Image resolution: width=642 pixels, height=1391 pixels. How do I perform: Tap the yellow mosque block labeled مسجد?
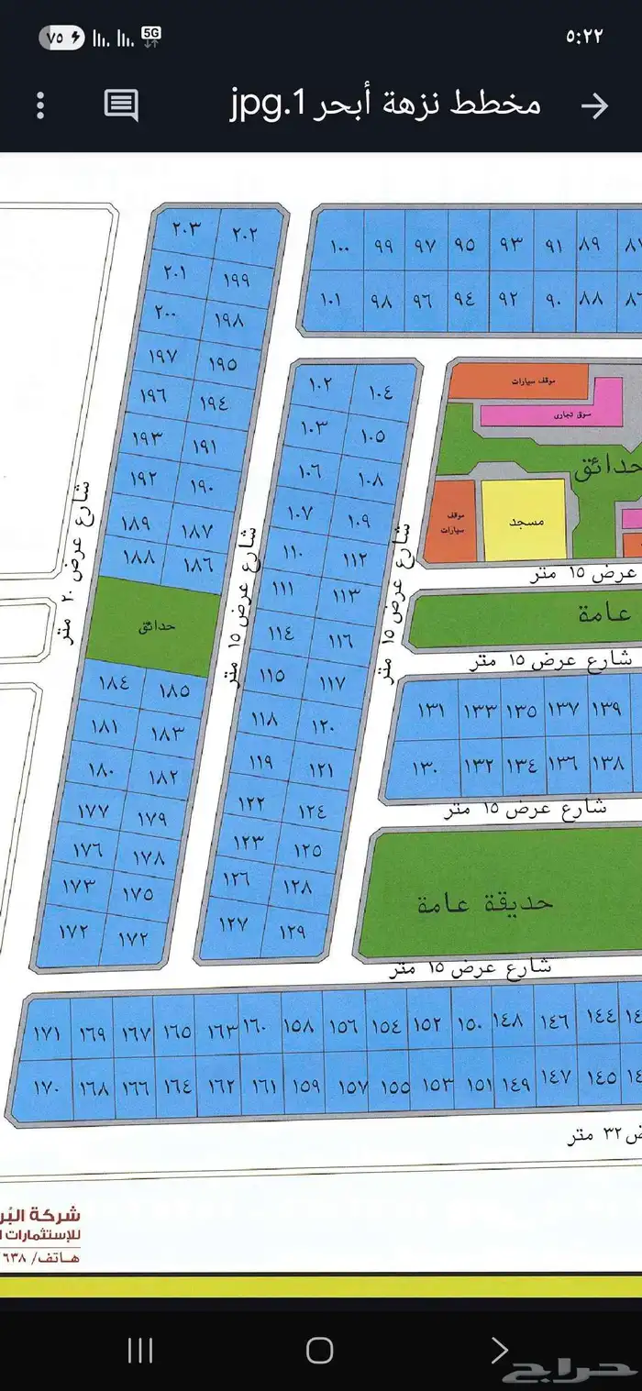click(525, 520)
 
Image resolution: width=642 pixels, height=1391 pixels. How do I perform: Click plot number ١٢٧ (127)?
click(234, 923)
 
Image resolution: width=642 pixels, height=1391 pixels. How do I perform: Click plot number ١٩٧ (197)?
click(161, 355)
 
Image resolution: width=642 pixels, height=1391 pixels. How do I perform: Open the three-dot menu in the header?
click(40, 105)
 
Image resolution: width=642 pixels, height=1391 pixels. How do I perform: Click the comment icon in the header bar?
click(121, 105)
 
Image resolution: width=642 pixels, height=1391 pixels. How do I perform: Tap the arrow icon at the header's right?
click(595, 105)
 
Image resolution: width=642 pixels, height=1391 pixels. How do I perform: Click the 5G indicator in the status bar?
click(151, 36)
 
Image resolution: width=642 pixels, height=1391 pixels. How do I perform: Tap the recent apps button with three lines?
click(140, 1350)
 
